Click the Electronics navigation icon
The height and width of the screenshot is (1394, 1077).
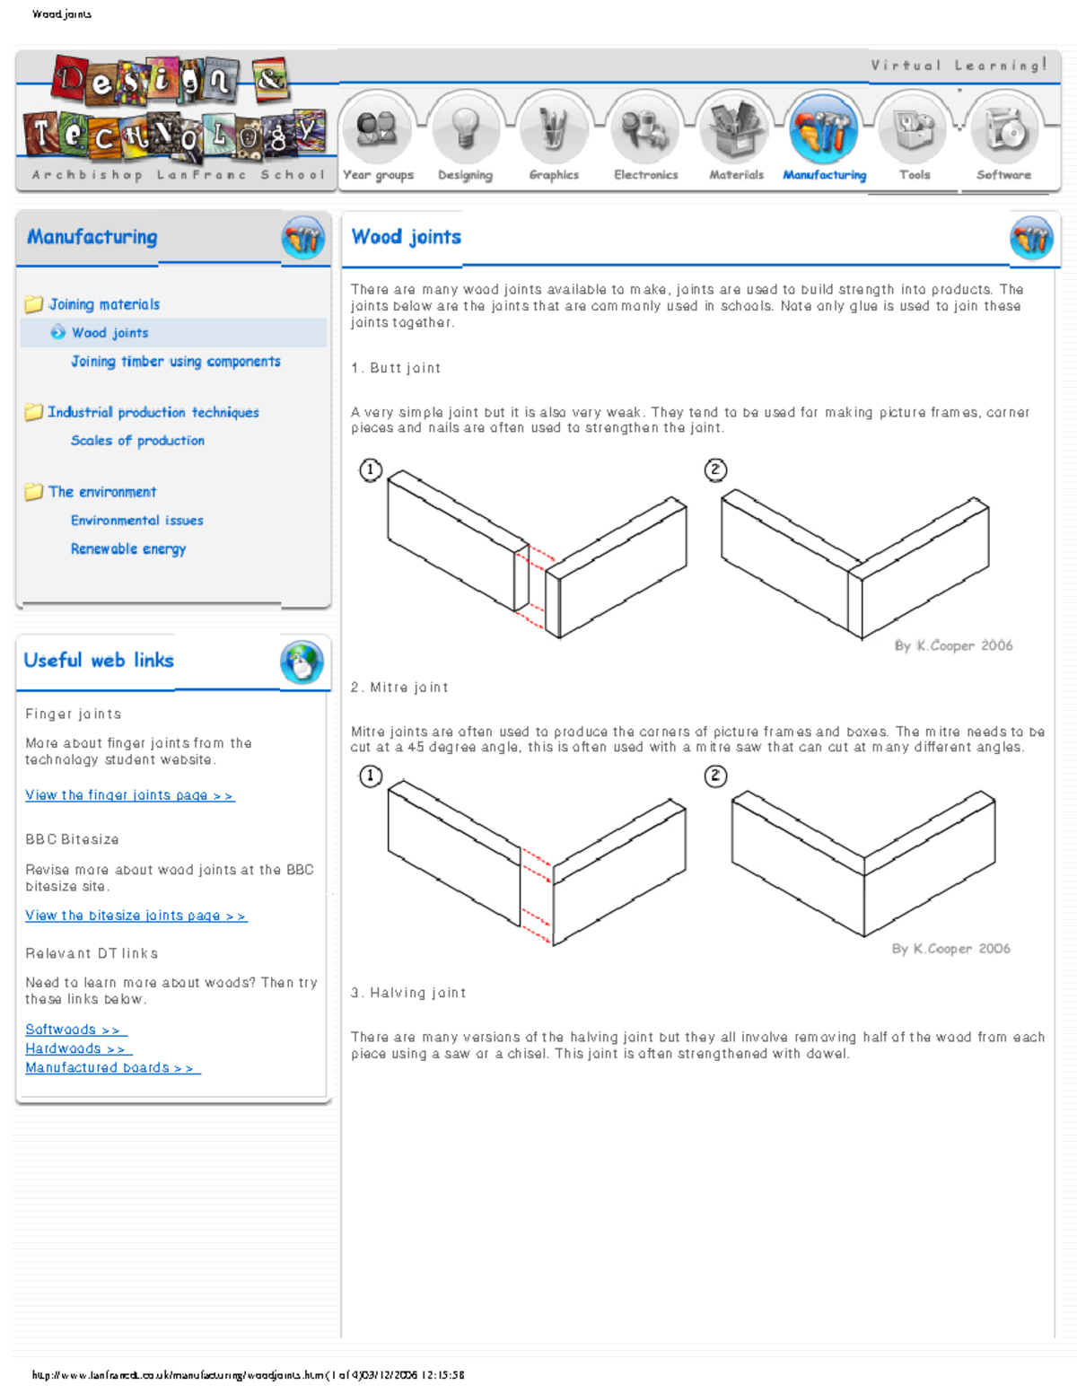pyautogui.click(x=644, y=129)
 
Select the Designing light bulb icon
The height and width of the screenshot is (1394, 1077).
pyautogui.click(x=464, y=129)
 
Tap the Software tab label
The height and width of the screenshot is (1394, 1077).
pyautogui.click(x=1003, y=175)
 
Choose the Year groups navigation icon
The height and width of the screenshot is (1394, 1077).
pyautogui.click(x=377, y=129)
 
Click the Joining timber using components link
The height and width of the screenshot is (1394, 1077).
pyautogui.click(x=176, y=362)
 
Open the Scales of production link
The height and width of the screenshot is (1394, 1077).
pyautogui.click(x=137, y=441)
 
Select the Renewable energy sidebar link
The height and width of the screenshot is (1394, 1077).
pyautogui.click(x=128, y=549)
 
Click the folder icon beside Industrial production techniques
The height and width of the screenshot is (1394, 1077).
pyautogui.click(x=34, y=412)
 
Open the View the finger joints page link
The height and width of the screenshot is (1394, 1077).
pyautogui.click(x=129, y=795)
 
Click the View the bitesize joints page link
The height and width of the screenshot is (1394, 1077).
pyautogui.click(x=136, y=916)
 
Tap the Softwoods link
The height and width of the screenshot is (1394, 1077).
pyautogui.click(x=75, y=1030)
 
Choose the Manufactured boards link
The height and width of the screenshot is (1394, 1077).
pyautogui.click(x=112, y=1067)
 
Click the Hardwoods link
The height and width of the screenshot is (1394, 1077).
pyautogui.click(x=78, y=1048)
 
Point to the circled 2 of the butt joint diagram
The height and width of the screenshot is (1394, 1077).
pyautogui.click(x=715, y=469)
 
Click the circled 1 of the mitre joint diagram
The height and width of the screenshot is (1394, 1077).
pyautogui.click(x=371, y=776)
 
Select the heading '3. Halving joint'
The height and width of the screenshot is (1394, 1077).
pyautogui.click(x=408, y=993)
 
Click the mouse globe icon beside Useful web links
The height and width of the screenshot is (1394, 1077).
pyautogui.click(x=302, y=662)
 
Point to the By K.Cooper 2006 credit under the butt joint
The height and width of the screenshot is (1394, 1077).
pyautogui.click(x=953, y=645)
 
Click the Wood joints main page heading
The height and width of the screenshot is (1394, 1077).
pyautogui.click(x=406, y=237)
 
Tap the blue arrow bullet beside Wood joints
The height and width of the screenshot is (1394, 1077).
pyautogui.click(x=58, y=333)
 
